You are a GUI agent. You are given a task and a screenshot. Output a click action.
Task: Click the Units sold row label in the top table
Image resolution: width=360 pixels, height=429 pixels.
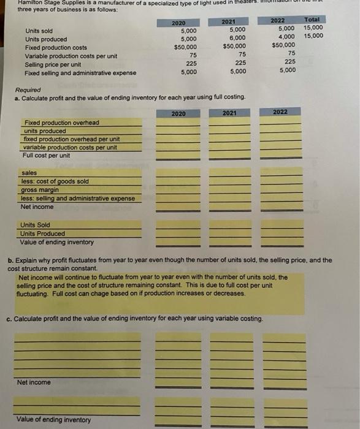click(x=39, y=31)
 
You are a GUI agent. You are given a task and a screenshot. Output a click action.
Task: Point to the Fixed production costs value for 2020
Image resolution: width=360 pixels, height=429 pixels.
click(x=185, y=47)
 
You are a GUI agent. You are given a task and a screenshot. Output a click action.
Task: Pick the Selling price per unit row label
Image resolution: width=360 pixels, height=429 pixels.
click(x=53, y=64)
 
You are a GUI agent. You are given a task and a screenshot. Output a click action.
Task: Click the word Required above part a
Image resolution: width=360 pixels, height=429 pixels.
click(x=28, y=89)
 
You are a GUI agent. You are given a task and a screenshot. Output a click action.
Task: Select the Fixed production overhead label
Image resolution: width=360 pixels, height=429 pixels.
click(x=60, y=123)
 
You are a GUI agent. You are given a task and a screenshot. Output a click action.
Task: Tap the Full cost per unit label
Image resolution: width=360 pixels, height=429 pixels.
click(x=46, y=155)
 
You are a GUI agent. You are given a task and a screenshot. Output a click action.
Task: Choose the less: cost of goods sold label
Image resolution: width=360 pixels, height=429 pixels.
click(x=55, y=181)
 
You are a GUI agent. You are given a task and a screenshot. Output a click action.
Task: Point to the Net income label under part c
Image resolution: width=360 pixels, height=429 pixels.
click(x=34, y=382)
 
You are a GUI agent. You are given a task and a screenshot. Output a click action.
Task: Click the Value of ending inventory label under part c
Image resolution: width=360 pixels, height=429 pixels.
click(x=54, y=420)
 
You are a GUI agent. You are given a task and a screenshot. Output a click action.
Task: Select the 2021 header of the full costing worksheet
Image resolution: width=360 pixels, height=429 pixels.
click(x=229, y=113)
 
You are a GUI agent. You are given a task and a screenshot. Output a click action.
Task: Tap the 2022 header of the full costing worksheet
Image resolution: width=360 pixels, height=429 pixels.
click(x=280, y=112)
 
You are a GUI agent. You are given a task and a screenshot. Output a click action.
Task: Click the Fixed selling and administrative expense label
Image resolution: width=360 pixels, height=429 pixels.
click(x=80, y=73)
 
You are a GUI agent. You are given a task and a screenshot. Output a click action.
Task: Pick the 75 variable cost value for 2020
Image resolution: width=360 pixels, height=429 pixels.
click(x=193, y=55)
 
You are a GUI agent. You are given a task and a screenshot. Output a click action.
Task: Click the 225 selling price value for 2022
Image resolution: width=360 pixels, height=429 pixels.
click(x=290, y=61)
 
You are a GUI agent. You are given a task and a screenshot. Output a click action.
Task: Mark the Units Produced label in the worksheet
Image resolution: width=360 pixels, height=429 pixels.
click(x=42, y=233)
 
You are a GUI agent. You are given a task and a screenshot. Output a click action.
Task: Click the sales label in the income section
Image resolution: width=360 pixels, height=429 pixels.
click(x=29, y=173)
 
